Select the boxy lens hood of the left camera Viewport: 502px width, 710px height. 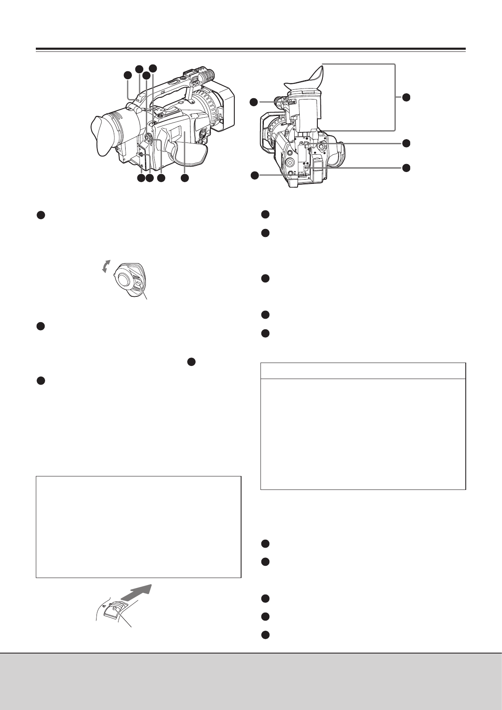coord(226,108)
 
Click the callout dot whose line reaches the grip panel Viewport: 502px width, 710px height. coord(185,179)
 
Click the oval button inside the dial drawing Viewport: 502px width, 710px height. coord(139,286)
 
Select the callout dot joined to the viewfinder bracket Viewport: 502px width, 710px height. coord(405,97)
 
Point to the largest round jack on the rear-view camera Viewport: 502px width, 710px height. coord(291,162)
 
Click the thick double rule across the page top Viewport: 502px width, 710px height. coord(250,49)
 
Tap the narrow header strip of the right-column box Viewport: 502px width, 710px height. coord(363,371)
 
